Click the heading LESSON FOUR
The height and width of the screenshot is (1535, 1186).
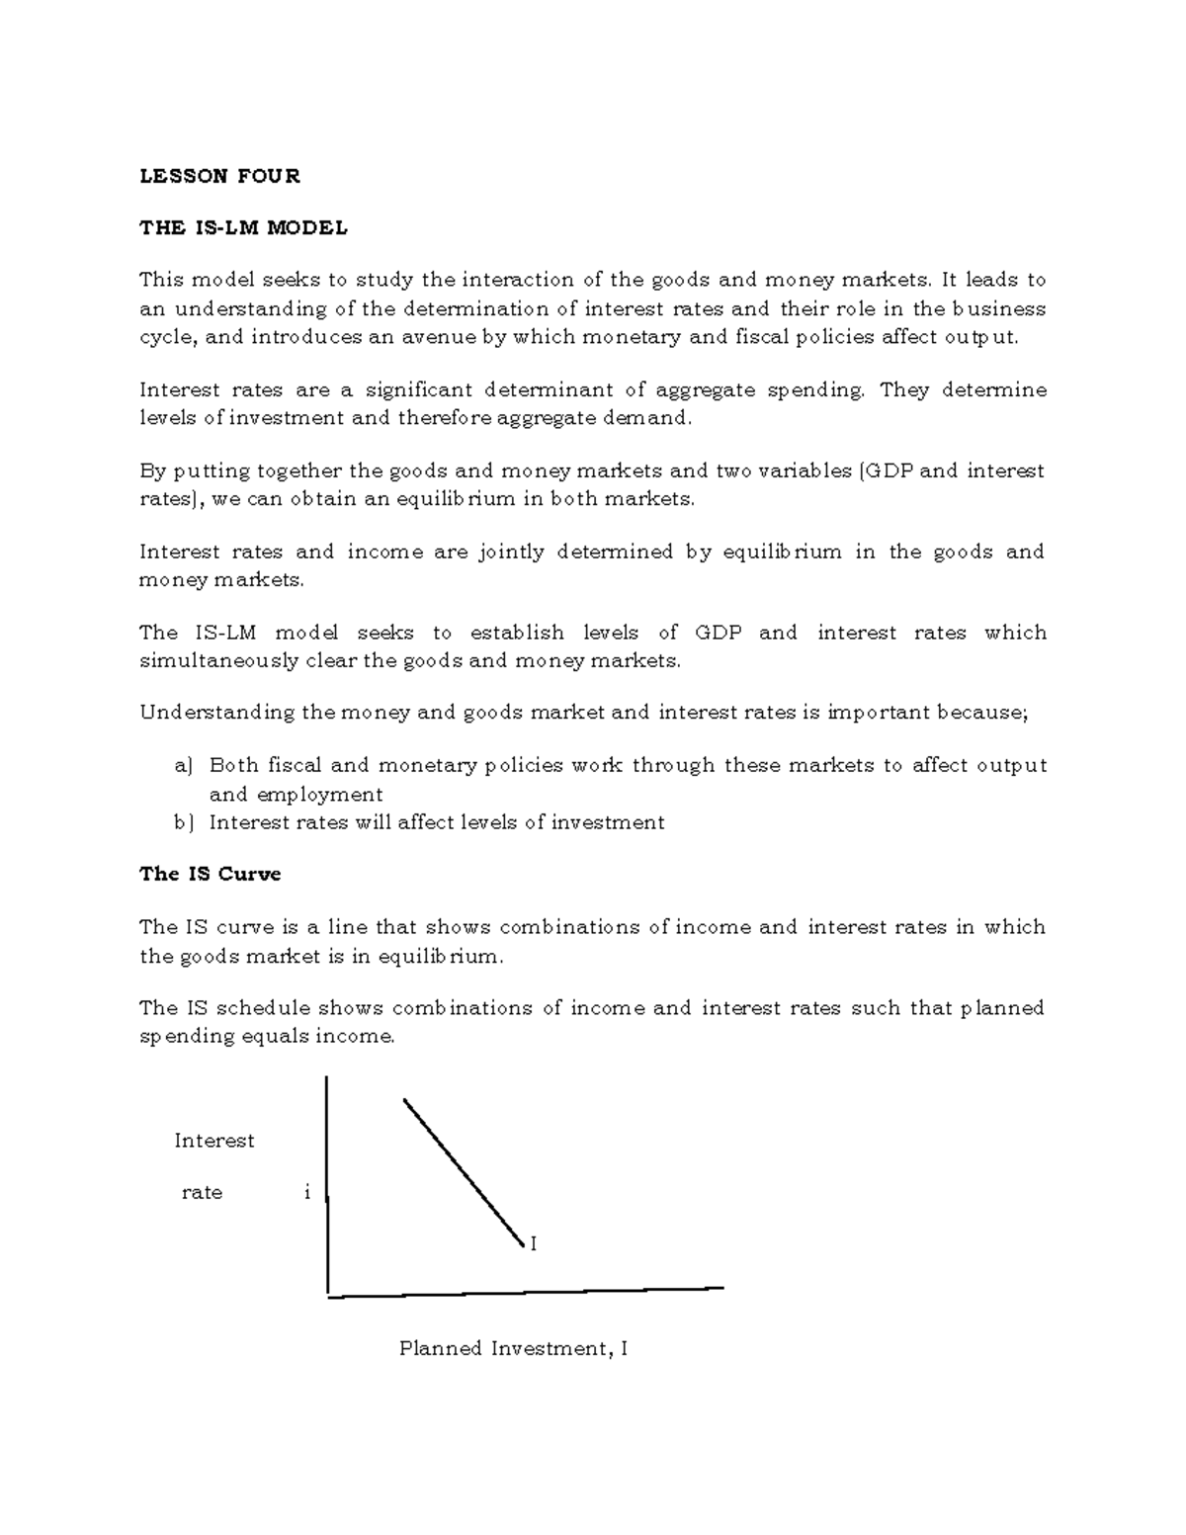pos(219,176)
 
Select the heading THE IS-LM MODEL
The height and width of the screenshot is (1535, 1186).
pos(243,228)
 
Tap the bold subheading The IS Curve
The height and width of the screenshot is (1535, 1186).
pos(210,874)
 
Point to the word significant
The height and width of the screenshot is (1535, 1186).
pos(419,389)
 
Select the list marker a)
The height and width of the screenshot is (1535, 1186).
pos(184,765)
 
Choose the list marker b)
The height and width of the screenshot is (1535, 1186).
pos(184,822)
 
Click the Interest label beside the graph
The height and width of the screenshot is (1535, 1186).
pos(214,1141)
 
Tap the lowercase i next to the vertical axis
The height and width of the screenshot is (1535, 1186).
pos(307,1193)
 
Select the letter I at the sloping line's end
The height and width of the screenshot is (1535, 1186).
pos(534,1243)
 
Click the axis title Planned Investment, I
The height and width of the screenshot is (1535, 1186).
pos(513,1348)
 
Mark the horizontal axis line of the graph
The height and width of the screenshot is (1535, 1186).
pos(524,1291)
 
